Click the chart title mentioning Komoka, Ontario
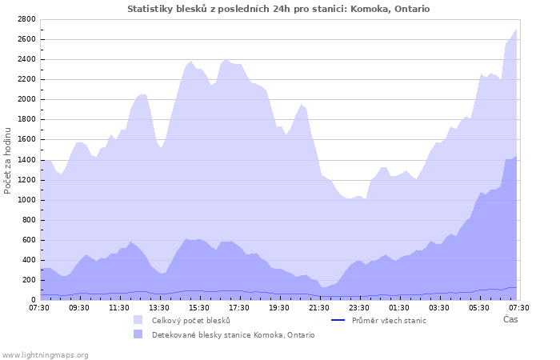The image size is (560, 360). click(278, 9)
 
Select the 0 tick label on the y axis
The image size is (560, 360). click(34, 301)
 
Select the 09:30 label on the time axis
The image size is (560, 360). click(79, 307)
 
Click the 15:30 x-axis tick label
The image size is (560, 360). click(199, 307)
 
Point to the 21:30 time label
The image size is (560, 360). click(318, 307)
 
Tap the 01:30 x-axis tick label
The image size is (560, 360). click(398, 307)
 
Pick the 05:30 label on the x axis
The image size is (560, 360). click(478, 307)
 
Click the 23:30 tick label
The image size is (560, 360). click(358, 307)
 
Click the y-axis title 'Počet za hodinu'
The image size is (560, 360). click(9, 159)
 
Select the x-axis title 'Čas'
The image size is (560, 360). click(510, 320)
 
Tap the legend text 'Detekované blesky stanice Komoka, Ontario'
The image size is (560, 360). click(233, 335)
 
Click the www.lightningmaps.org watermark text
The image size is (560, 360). click(45, 354)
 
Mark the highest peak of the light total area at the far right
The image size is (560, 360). click(516, 29)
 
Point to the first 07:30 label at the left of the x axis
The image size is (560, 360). click(40, 307)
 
